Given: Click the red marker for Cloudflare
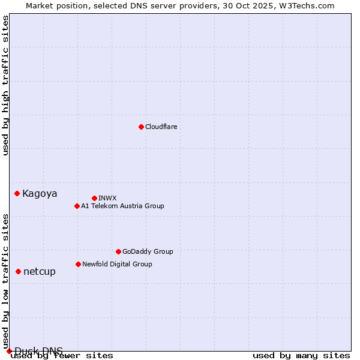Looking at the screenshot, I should click(141, 127).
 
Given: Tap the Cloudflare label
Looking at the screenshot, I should click(161, 127).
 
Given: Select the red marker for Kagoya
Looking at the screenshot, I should click(17, 193).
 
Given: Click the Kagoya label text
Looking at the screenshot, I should click(40, 193).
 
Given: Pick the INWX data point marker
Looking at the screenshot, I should click(94, 198).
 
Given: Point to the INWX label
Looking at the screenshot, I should click(107, 198).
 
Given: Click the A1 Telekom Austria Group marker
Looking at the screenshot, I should click(77, 206).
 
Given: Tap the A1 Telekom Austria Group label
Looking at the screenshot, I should click(122, 206).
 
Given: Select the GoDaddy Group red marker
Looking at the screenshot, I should click(118, 251).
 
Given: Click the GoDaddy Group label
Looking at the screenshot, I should click(147, 251).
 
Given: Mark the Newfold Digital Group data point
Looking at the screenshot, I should click(78, 264).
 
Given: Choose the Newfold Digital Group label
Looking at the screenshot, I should click(117, 264).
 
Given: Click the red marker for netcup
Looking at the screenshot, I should click(18, 271).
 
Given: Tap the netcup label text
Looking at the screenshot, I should click(40, 271).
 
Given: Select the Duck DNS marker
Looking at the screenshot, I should click(9, 351).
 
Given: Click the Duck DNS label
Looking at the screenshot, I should click(38, 351).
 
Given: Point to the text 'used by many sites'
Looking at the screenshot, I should click(301, 355).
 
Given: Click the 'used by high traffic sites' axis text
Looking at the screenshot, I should click(6, 85).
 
